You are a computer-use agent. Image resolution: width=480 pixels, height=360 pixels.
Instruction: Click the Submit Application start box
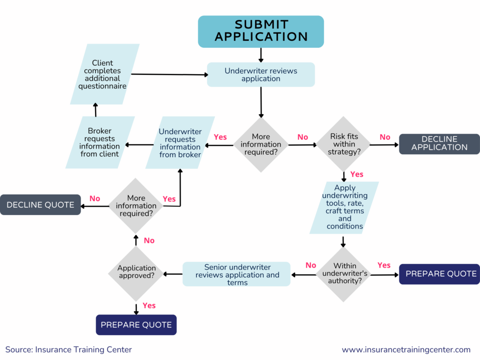(x=261, y=31)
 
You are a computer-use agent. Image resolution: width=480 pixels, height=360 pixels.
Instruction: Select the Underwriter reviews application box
(x=261, y=75)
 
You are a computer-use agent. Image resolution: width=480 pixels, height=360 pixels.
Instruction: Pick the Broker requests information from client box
(x=100, y=142)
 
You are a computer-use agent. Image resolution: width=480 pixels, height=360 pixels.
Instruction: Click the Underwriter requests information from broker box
(x=180, y=143)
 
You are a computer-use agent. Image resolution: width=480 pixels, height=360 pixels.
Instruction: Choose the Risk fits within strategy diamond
(x=344, y=144)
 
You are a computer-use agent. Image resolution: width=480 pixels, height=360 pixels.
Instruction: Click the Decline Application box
(x=439, y=143)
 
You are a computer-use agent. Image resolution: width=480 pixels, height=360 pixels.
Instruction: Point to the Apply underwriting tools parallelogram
(x=345, y=207)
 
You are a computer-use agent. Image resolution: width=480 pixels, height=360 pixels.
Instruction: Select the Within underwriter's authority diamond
(x=345, y=274)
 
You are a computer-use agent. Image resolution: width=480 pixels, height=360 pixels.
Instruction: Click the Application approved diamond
(x=136, y=272)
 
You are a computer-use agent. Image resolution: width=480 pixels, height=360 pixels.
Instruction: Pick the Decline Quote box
(x=40, y=205)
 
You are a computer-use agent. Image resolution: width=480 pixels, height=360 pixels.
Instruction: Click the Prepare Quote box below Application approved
(x=136, y=325)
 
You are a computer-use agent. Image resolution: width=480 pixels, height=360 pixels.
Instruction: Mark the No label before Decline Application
(x=385, y=137)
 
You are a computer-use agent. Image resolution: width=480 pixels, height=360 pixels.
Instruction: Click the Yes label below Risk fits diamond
(x=357, y=174)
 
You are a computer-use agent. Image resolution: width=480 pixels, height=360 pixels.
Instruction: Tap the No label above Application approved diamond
(x=149, y=240)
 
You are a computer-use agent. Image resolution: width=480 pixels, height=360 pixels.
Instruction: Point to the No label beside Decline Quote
(x=95, y=198)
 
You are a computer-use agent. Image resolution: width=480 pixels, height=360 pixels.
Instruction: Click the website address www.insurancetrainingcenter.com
(x=406, y=350)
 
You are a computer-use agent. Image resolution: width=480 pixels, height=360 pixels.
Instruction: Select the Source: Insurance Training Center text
(x=69, y=350)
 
